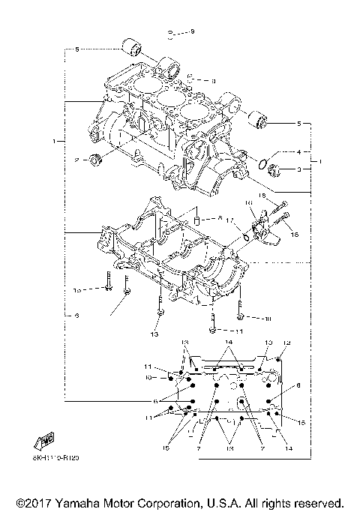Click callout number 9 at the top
click(x=192, y=31)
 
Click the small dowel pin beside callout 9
click(x=172, y=34)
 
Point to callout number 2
click(x=76, y=160)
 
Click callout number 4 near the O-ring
click(x=298, y=151)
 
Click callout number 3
click(x=298, y=170)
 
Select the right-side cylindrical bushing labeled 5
click(x=259, y=119)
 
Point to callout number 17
click(x=232, y=220)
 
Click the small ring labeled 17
click(x=246, y=238)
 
